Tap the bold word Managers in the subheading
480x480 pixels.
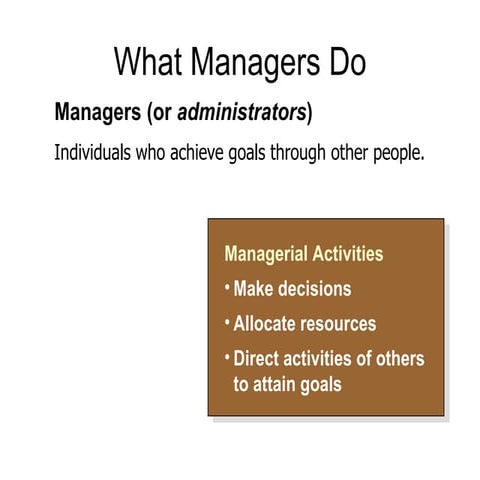coord(98,112)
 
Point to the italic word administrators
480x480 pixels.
coord(242,112)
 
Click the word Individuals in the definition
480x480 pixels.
coord(94,155)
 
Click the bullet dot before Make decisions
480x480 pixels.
coord(227,287)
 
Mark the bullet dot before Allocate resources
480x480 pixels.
coord(227,322)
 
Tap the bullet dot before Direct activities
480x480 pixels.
coord(227,356)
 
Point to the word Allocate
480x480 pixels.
coord(263,324)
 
